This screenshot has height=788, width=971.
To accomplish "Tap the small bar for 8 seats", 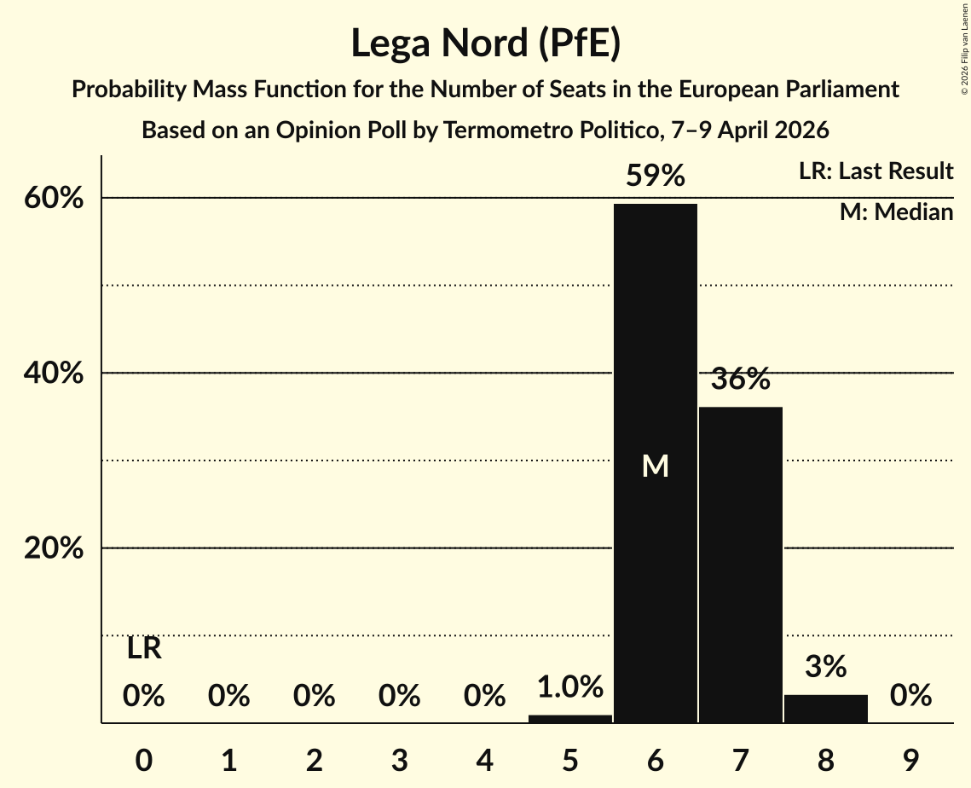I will (825, 709).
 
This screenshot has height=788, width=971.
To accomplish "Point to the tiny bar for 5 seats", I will (569, 719).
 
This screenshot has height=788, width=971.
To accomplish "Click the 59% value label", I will (655, 177).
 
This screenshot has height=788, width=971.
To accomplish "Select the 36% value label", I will (740, 380).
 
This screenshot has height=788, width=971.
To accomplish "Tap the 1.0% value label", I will (569, 687).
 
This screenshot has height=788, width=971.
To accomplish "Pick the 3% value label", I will (825, 667).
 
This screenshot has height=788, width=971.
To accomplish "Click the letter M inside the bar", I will (655, 466).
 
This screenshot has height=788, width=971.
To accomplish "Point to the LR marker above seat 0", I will (144, 649).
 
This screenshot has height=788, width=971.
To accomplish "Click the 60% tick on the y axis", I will (54, 199).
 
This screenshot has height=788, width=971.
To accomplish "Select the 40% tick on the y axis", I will (54, 374).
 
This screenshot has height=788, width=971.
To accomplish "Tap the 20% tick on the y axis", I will (54, 548).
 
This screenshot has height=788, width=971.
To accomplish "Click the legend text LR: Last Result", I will (876, 171).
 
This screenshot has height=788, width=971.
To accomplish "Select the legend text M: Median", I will (896, 212).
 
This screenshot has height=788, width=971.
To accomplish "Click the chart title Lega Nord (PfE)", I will (485, 44).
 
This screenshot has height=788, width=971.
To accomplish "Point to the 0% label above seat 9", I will (910, 697).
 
